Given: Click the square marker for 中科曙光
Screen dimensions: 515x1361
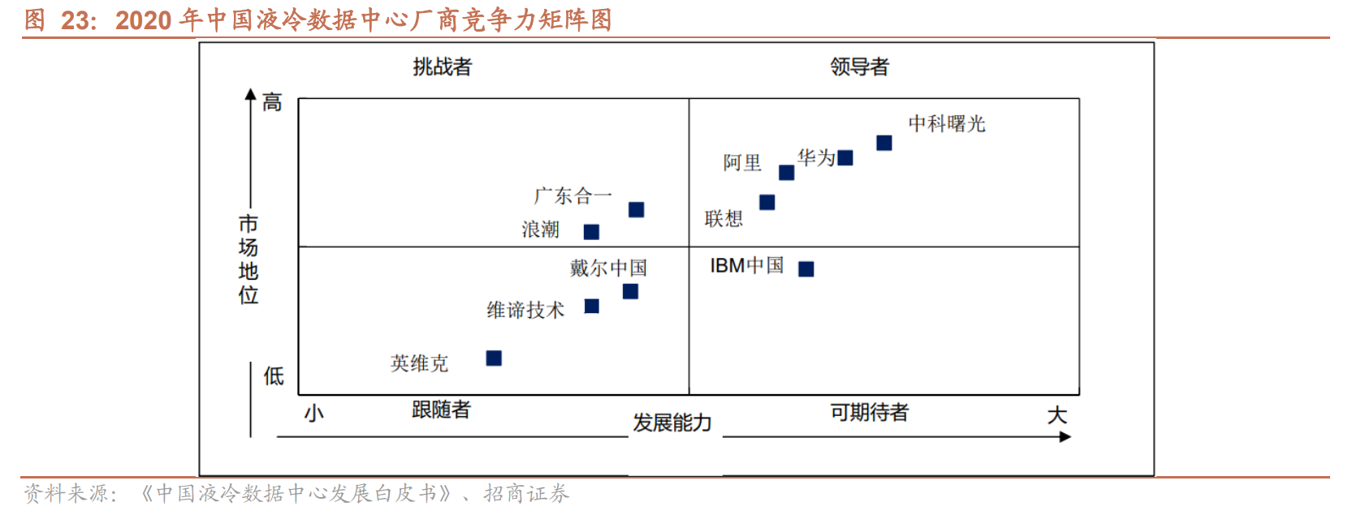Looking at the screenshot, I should (884, 143).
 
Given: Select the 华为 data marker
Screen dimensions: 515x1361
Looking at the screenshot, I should (845, 157).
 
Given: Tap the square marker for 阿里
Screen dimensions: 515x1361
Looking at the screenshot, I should (786, 172).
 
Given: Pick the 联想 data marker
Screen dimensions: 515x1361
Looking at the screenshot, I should (767, 202).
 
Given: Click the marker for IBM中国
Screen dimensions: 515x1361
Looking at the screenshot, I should (806, 268).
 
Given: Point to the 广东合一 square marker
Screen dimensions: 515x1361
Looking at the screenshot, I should (636, 209).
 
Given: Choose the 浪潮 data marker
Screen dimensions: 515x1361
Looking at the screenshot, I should (591, 232).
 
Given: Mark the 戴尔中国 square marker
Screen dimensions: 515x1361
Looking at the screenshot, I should (630, 291).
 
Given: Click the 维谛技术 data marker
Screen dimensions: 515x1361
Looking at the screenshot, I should (591, 306).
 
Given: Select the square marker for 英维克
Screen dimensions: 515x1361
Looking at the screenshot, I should (494, 358).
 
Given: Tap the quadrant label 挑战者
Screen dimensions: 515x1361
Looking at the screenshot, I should (442, 67).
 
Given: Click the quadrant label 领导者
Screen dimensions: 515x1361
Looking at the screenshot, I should (859, 67).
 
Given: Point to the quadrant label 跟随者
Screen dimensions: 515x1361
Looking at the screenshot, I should (441, 410).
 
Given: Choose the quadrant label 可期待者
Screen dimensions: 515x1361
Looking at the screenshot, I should (869, 412).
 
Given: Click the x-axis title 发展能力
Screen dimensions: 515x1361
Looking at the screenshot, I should (672, 423).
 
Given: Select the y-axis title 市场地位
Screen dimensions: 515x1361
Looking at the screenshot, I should (248, 259).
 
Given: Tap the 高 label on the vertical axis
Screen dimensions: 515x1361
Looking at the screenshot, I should (272, 102).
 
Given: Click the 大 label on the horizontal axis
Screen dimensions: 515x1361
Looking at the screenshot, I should (1056, 415).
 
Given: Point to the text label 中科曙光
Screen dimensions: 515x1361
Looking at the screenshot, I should (946, 123).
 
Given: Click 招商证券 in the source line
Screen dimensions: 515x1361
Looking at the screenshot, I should (526, 493).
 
